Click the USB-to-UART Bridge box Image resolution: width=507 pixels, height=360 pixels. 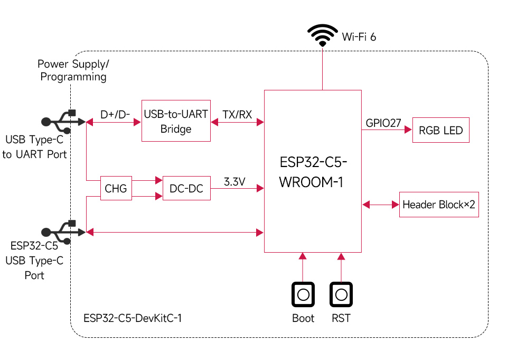point(176,121)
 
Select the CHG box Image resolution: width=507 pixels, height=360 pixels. point(116,189)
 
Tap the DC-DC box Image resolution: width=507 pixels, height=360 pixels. point(186,189)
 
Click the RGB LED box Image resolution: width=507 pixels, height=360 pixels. point(440,130)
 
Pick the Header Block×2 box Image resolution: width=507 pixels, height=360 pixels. point(439,205)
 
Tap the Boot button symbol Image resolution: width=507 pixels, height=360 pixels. point(303,294)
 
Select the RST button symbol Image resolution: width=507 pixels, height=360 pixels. point(341,294)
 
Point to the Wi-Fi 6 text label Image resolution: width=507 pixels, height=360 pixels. point(359,36)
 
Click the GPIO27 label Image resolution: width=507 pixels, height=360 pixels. point(383,123)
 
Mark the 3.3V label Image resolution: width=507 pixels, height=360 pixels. point(234,182)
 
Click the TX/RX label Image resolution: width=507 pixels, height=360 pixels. point(237,115)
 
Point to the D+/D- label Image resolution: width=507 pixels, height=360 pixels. point(115,115)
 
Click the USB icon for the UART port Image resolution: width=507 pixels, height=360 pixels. point(61,122)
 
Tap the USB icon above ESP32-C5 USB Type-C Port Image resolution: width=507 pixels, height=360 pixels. point(61,232)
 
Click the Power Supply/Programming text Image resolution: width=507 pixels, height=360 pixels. point(73,70)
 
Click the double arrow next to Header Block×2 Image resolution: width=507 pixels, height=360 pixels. point(380,204)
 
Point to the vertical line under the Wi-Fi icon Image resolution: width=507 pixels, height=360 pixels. point(322,69)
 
